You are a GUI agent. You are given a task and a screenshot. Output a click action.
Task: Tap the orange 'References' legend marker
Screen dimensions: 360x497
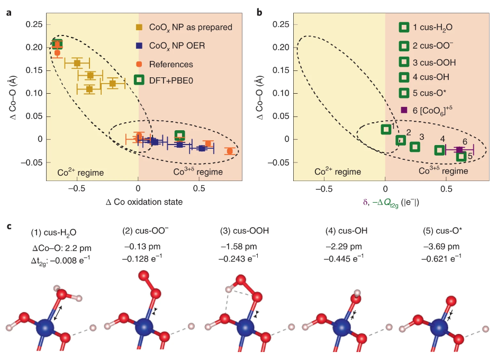coord(139,64)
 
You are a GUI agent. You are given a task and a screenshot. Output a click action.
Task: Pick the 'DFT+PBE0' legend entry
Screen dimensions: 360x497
coord(139,80)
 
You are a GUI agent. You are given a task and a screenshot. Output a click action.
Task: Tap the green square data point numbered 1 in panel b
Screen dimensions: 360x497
coord(386,129)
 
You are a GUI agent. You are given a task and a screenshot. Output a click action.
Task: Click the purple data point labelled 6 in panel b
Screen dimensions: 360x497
coord(459,150)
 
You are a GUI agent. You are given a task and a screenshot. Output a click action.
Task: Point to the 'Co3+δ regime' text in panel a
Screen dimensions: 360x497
coord(198,172)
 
